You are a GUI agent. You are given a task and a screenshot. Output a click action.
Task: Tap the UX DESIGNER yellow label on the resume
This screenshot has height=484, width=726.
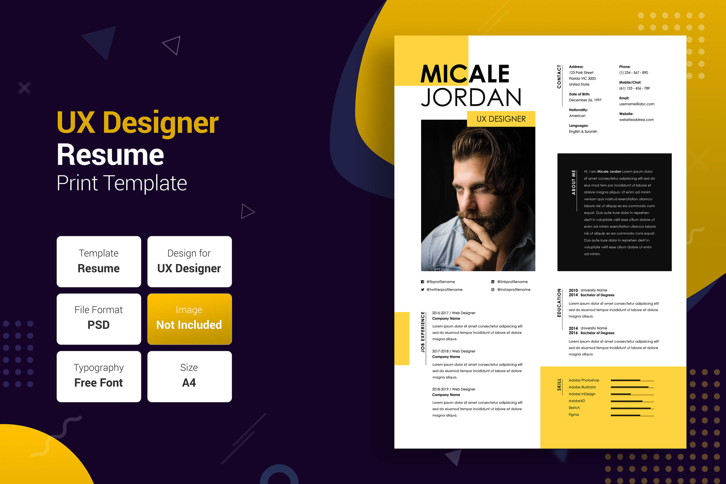tap(501, 119)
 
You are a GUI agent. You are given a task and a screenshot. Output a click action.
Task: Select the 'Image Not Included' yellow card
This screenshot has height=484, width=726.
tap(190, 319)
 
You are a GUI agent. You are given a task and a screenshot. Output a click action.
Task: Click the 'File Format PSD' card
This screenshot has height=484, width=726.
tap(99, 319)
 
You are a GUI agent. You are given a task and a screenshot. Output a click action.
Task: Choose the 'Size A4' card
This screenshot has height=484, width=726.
tap(190, 377)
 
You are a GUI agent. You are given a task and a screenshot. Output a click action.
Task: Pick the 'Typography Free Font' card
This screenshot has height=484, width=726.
tap(99, 377)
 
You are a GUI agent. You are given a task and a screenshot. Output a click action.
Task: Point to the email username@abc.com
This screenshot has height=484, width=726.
tap(636, 104)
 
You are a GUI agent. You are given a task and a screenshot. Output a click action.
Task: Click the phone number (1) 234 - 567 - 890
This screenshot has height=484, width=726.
tap(633, 73)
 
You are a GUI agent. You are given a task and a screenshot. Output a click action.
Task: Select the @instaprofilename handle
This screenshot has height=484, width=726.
tap(514, 290)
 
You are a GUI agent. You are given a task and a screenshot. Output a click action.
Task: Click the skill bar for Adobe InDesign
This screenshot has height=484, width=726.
tap(632, 394)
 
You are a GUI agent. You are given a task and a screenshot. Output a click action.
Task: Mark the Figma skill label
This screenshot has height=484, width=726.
tap(574, 415)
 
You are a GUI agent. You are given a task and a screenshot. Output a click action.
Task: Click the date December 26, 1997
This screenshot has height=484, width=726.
tap(585, 100)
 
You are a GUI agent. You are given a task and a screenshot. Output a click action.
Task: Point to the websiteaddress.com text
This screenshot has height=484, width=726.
tap(636, 120)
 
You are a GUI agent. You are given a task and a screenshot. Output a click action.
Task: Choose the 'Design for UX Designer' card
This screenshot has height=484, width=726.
tap(190, 261)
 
